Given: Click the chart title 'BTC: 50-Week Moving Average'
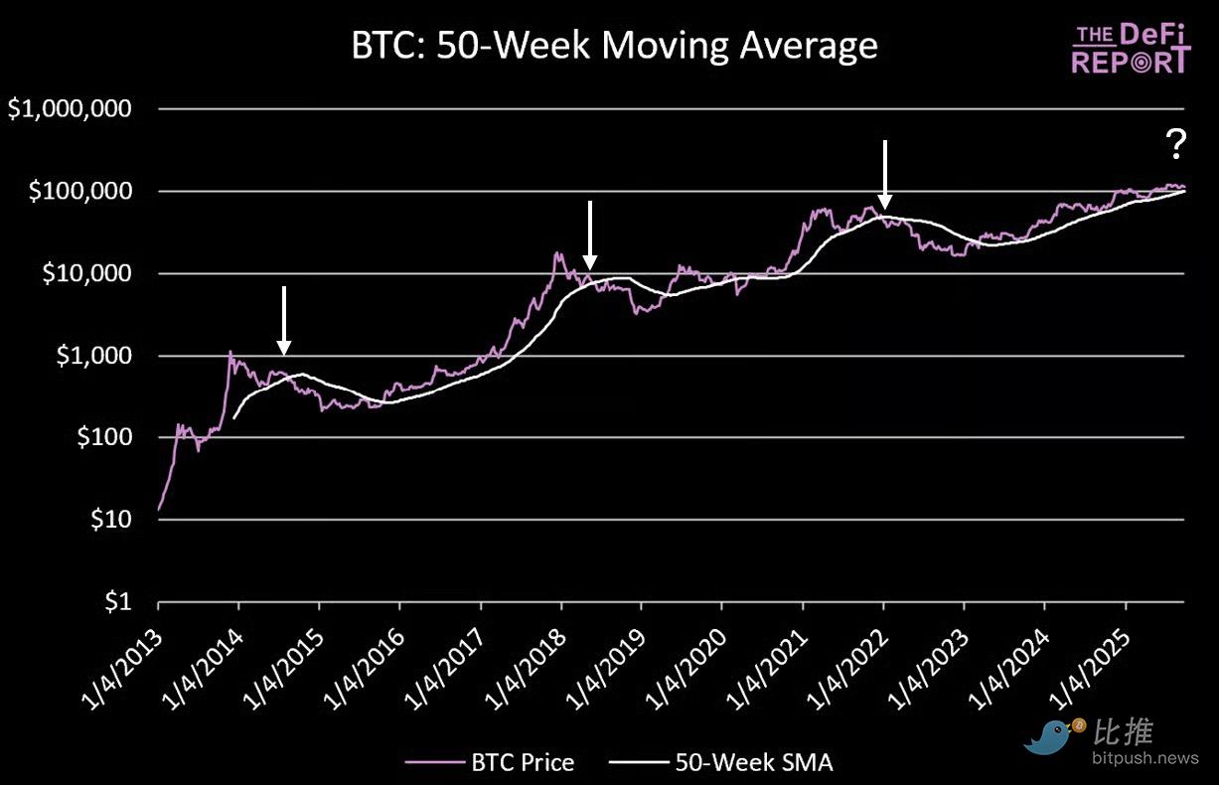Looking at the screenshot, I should pos(614,46).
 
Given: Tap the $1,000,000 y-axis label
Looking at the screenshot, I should pos(69,109).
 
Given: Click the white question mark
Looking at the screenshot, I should pos(1175,146).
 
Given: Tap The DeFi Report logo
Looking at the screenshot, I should pos(1131,50).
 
